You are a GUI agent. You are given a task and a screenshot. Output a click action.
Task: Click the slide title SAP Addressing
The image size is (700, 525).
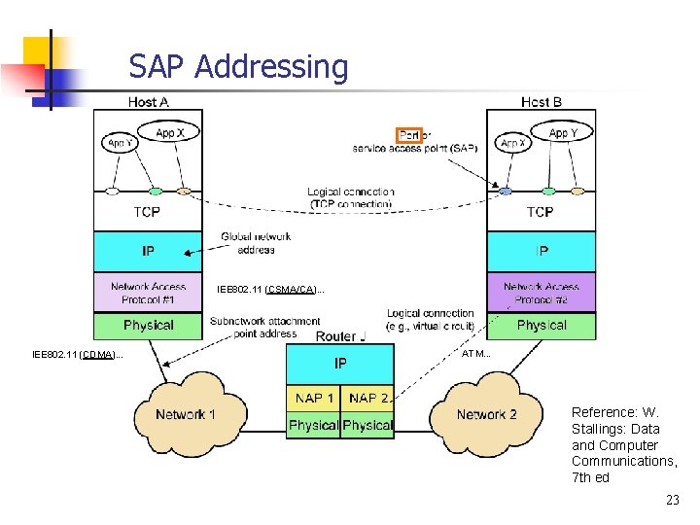point(238,67)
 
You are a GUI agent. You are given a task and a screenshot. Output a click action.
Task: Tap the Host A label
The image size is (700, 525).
point(148,102)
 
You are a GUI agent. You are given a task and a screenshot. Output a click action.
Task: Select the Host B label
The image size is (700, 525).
point(541,102)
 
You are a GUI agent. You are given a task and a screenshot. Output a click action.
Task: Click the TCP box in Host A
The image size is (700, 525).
point(148,211)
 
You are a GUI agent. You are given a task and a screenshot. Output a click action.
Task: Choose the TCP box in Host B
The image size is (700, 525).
point(541,211)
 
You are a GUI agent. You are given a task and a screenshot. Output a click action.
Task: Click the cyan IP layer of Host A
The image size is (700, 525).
point(148,251)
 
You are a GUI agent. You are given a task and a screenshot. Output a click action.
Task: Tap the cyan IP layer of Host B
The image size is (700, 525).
point(541,251)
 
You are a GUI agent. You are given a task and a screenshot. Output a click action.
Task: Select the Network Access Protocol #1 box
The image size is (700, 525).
point(148,293)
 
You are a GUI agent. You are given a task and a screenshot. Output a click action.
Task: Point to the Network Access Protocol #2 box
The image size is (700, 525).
point(541,293)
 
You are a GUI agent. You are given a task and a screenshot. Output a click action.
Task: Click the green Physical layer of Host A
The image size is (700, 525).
point(148,325)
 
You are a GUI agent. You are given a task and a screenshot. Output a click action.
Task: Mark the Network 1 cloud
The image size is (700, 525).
point(185,414)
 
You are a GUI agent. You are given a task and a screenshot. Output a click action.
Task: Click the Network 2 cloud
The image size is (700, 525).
point(486,414)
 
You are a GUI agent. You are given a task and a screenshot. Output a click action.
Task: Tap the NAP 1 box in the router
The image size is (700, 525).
point(314,398)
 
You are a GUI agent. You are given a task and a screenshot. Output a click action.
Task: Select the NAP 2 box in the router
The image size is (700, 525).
point(367,398)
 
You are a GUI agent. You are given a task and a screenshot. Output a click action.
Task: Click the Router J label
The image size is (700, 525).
point(340,335)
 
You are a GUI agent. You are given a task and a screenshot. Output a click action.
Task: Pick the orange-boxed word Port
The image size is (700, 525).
point(409,135)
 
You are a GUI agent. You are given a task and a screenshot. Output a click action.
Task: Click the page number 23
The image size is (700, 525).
point(672,501)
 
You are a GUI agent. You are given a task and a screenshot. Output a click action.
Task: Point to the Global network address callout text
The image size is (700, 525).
point(256,243)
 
